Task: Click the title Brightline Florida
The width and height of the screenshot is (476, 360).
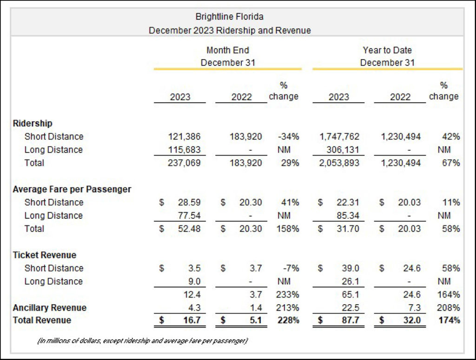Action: click(x=230, y=17)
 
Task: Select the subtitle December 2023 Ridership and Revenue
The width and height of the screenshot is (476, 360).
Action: click(x=230, y=30)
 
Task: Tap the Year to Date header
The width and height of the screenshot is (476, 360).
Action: click(x=387, y=50)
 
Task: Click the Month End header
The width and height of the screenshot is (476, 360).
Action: click(x=228, y=50)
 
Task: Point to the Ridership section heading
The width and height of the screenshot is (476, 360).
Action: click(x=33, y=123)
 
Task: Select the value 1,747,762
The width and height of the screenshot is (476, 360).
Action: click(x=339, y=137)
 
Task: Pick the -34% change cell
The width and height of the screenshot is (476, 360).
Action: click(x=289, y=137)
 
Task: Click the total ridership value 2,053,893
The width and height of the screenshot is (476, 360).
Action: click(x=339, y=163)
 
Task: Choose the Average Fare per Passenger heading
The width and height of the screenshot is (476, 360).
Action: click(x=72, y=189)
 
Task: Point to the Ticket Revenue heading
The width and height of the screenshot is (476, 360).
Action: click(x=45, y=255)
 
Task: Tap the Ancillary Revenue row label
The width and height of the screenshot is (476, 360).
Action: click(x=50, y=307)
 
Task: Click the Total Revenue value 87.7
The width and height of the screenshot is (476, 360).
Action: click(x=350, y=320)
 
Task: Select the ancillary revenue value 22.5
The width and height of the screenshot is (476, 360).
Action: click(x=350, y=307)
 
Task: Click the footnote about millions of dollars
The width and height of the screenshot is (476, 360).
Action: click(x=142, y=341)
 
